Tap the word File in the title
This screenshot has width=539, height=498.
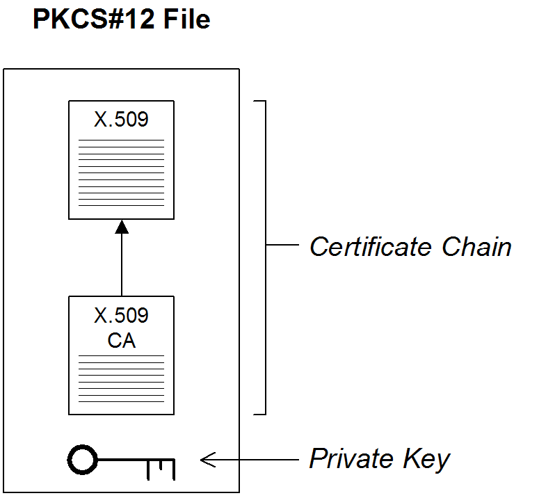coord(186,19)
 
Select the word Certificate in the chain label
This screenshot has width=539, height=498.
coord(369,247)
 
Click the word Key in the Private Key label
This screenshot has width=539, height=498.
coord(426,460)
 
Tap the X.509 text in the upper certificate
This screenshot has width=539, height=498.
coord(121,120)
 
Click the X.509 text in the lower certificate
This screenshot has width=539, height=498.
coord(121,316)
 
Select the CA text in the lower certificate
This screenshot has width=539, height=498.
coord(121,342)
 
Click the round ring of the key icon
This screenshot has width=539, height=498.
coord(81,458)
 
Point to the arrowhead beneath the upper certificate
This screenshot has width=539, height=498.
coord(122,227)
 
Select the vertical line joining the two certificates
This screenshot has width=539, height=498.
coord(122,264)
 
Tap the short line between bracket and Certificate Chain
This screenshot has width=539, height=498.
coord(282,246)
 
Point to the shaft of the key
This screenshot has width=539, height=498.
coord(125,458)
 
